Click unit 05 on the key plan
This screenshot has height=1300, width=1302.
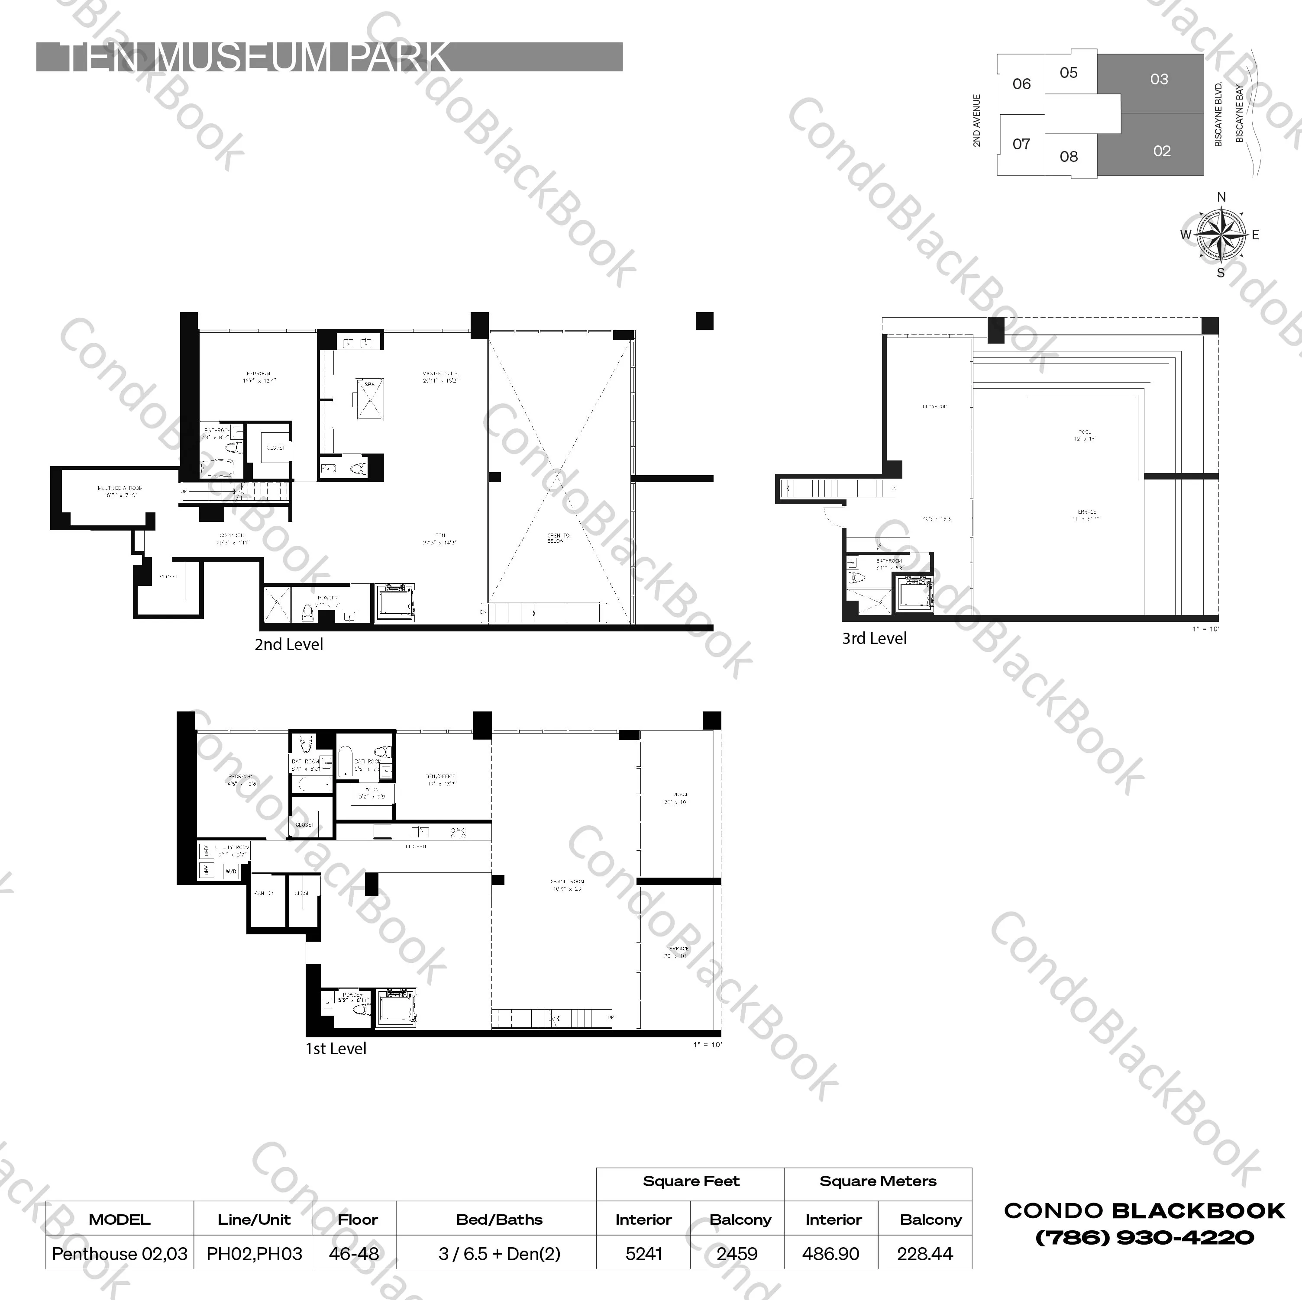tap(1069, 73)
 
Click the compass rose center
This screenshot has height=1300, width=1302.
tap(1221, 235)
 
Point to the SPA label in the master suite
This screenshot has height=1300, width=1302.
tap(369, 384)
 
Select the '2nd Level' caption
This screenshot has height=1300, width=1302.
tap(288, 645)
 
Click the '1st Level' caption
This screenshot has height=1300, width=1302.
tap(336, 1049)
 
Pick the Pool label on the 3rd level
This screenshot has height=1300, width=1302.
tap(1085, 434)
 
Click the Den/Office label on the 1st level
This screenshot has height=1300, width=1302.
tap(441, 779)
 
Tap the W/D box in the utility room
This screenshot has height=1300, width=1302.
tap(230, 871)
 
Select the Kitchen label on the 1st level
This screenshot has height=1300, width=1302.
tap(416, 846)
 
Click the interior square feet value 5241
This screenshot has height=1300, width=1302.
tap(643, 1254)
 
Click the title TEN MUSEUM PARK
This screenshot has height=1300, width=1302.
tap(256, 57)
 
